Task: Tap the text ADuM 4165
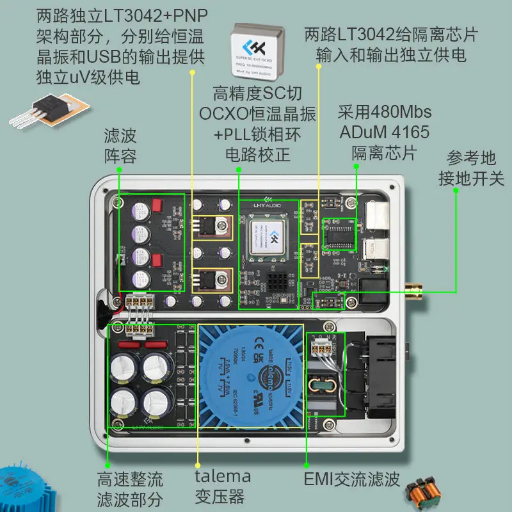385,133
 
